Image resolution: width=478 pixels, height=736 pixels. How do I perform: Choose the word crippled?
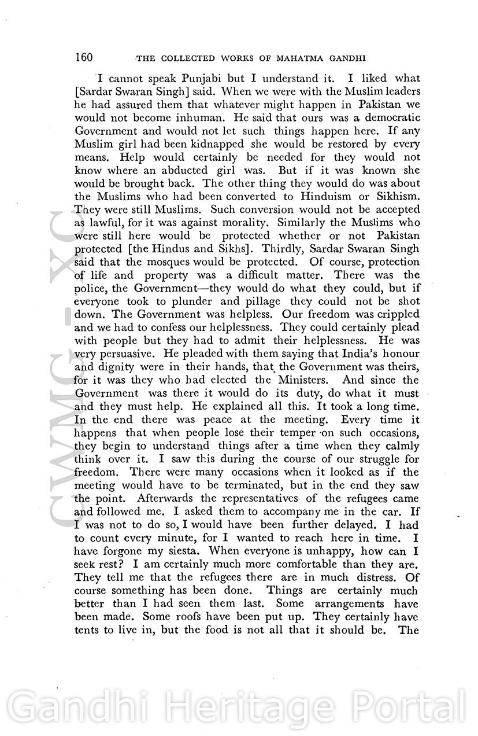pyautogui.click(x=394, y=315)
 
